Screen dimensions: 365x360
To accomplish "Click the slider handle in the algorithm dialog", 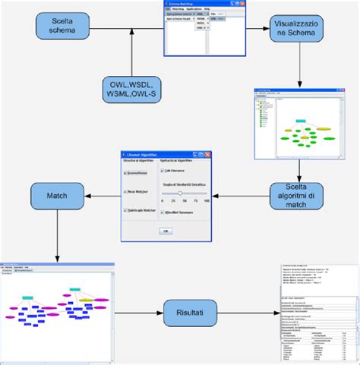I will (181, 194).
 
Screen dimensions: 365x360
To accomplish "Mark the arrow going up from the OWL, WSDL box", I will (132, 57).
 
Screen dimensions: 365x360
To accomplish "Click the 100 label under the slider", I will (207, 200).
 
